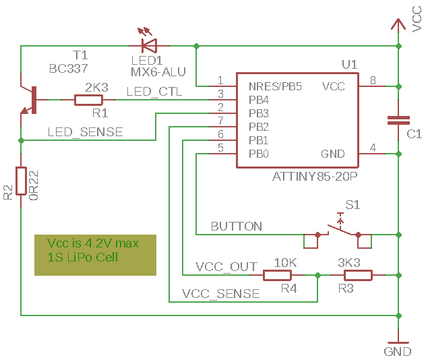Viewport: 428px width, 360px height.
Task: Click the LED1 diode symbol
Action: click(x=148, y=46)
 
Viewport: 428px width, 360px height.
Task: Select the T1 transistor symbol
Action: click(x=31, y=100)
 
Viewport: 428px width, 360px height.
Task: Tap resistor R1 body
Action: click(x=88, y=100)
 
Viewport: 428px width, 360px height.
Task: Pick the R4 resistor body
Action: click(x=276, y=275)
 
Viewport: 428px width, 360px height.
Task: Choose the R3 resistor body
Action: click(x=358, y=275)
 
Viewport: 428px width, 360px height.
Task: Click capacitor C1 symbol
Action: click(x=398, y=120)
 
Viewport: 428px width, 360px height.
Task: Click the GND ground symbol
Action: click(x=398, y=342)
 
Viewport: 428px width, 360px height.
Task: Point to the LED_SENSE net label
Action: click(x=85, y=132)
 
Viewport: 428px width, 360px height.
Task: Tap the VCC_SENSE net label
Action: click(x=221, y=294)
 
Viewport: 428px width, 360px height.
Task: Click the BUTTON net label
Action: click(x=237, y=226)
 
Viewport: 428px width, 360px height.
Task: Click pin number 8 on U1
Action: click(x=373, y=80)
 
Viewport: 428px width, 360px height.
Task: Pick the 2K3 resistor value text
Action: click(x=96, y=87)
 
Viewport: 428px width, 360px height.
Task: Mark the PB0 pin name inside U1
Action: click(x=259, y=154)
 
